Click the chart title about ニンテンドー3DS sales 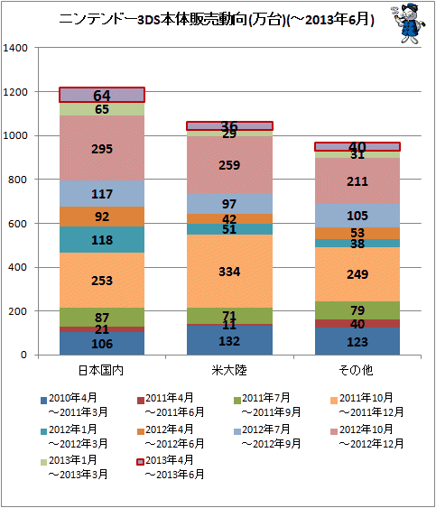pos(217,20)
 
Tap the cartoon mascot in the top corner pos(408,23)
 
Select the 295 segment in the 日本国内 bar pos(102,148)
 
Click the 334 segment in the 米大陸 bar pos(229,271)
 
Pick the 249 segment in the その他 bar pos(357,274)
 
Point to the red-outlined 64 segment pos(102,95)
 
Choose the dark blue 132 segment pos(229,340)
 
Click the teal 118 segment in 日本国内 pos(102,239)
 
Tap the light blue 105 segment pos(357,216)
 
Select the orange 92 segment pos(102,217)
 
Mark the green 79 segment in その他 pos(357,310)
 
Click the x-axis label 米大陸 pos(229,370)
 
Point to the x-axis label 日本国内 pos(101,370)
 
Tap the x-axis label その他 pos(356,370)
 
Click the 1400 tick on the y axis pos(15,48)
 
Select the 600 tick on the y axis pos(18,224)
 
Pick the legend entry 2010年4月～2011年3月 pos(74,405)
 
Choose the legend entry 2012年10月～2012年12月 pos(367,437)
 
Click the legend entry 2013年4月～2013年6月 pos(171,467)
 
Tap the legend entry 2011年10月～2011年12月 pos(367,405)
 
